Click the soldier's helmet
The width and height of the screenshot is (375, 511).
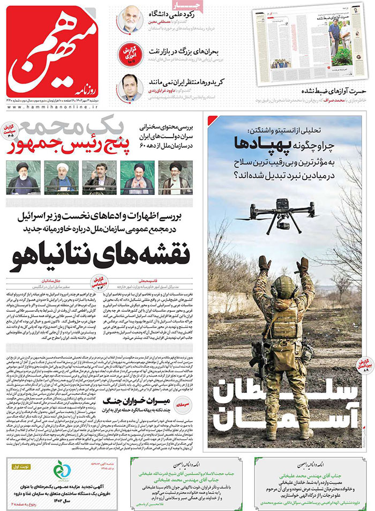click(x=284, y=289)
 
